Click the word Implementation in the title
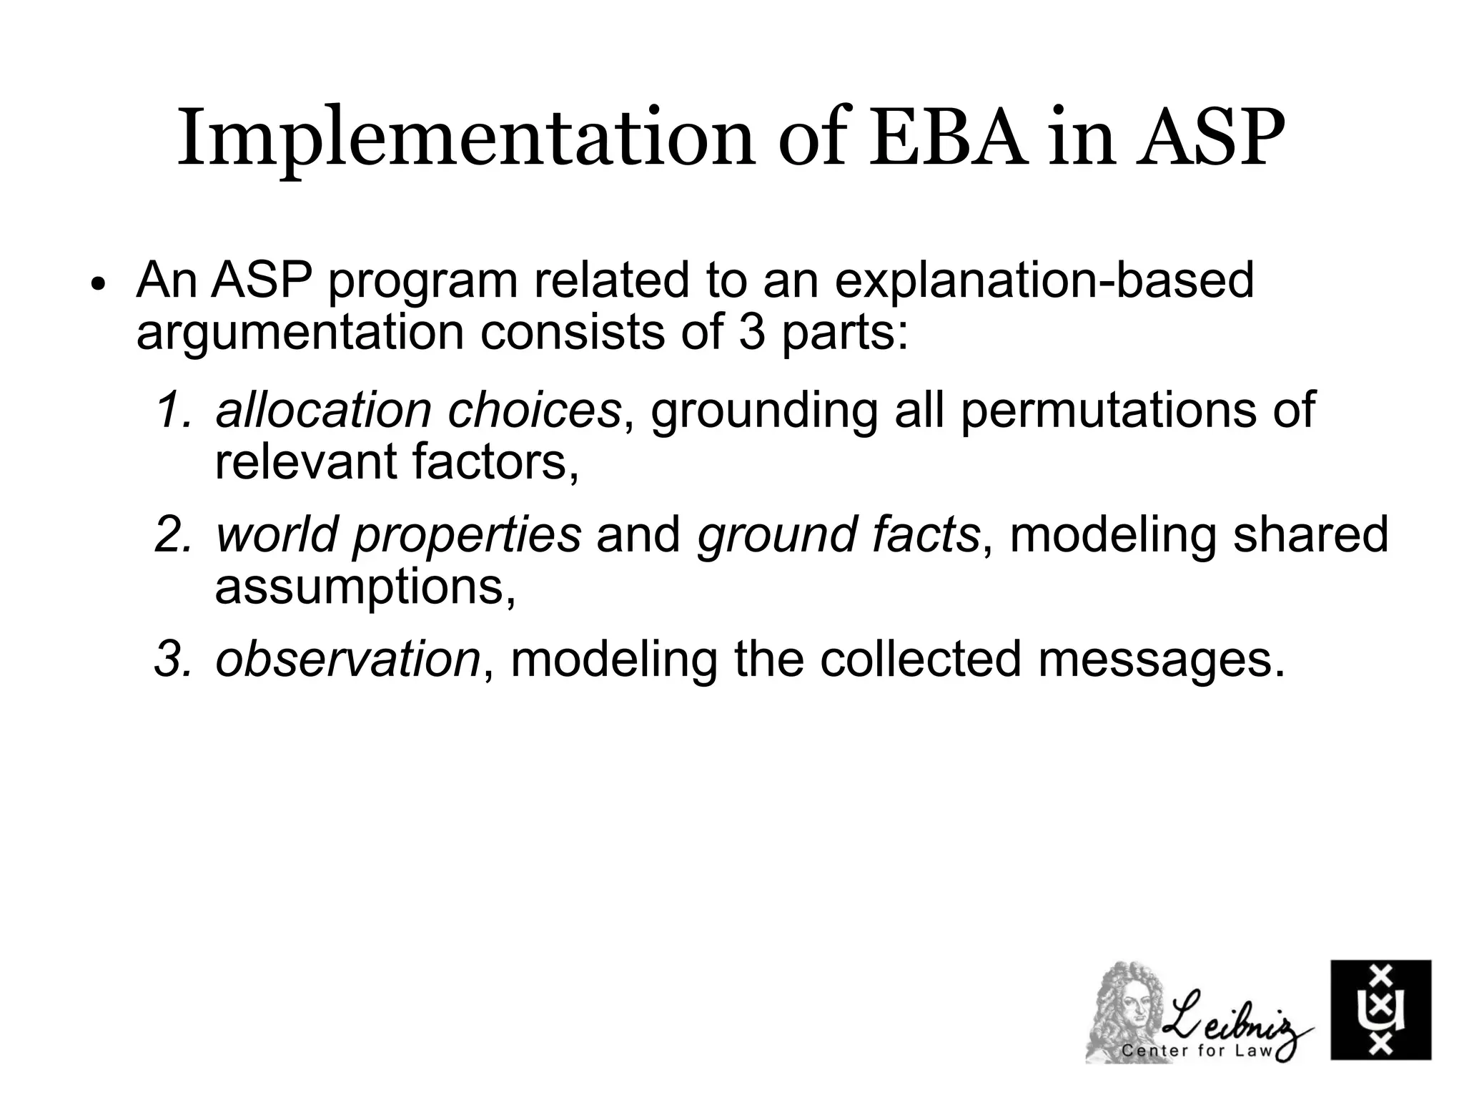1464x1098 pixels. [465, 139]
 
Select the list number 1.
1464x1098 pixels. [173, 411]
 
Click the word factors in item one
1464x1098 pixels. [494, 463]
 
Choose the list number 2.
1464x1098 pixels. [173, 535]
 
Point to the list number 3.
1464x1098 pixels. [173, 660]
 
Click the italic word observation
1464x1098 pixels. [347, 660]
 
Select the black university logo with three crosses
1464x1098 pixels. [1380, 1010]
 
